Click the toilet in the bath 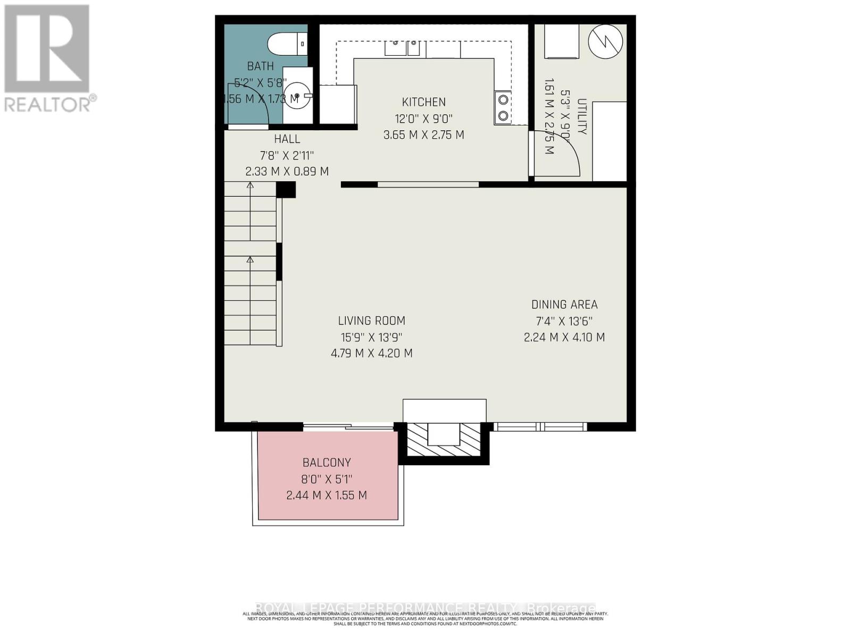pos(287,44)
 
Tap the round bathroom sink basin pos(297,96)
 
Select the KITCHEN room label pos(423,102)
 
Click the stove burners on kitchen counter pos(503,108)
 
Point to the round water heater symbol pos(605,41)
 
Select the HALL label pos(287,139)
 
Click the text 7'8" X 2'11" pos(287,156)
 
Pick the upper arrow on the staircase pos(250,186)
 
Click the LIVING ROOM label pos(371,321)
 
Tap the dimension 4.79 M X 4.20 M pos(371,353)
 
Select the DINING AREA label pos(564,305)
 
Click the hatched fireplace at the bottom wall pos(444,440)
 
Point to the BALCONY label pos(327,463)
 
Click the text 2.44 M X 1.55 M pos(327,496)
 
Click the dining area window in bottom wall pos(540,426)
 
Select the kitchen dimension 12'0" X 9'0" pos(423,119)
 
